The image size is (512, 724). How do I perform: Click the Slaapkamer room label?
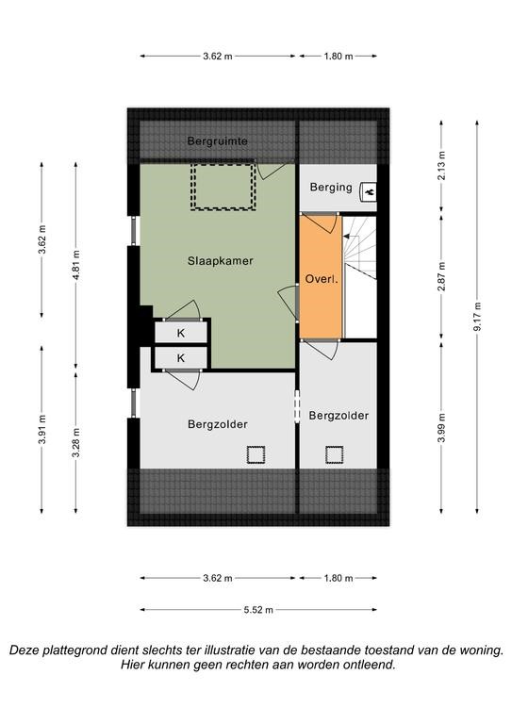[x=221, y=261]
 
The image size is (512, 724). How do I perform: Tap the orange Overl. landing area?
[x=321, y=276]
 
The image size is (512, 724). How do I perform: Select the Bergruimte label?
[x=218, y=141]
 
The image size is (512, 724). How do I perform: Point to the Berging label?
[x=331, y=187]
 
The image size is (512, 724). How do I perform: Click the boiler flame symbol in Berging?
[x=370, y=191]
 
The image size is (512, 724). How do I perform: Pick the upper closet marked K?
[x=180, y=333]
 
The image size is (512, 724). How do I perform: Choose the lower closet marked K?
[x=180, y=358]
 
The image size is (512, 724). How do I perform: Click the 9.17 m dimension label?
[x=477, y=317]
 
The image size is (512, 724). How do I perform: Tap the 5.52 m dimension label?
[x=258, y=610]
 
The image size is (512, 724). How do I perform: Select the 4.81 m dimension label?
[x=76, y=265]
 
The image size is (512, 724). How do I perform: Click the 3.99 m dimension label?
[x=442, y=428]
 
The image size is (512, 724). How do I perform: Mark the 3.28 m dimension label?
[x=76, y=442]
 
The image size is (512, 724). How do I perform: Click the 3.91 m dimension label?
[x=42, y=430]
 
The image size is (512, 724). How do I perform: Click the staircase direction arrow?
[x=351, y=237]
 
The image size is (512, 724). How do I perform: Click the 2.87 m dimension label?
[x=442, y=276]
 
